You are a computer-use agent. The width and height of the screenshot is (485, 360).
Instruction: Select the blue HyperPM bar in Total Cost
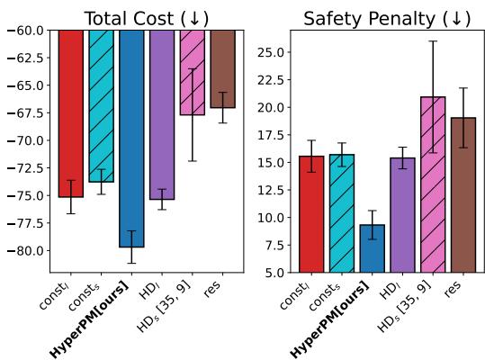[x=131, y=135]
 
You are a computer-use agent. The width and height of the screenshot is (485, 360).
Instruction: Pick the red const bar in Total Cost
[x=70, y=112]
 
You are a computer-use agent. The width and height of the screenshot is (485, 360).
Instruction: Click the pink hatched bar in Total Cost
[x=192, y=72]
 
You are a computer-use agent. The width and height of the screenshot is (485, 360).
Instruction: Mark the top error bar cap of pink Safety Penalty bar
[x=433, y=41]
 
